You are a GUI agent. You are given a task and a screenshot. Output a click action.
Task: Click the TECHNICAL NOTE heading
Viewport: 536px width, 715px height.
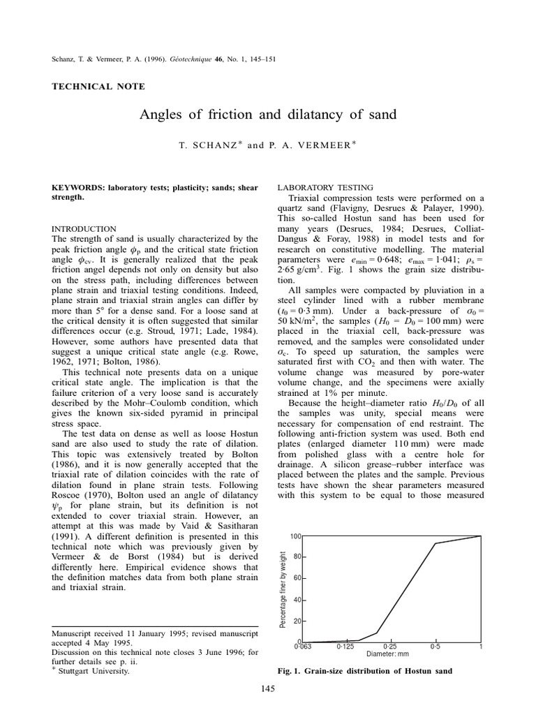point(99,87)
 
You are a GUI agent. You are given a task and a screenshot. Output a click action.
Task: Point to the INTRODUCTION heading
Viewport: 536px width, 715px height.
point(84,229)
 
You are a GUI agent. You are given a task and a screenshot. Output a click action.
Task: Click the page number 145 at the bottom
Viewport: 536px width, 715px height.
point(268,688)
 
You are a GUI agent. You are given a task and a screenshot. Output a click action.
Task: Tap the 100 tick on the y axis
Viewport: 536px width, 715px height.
point(295,536)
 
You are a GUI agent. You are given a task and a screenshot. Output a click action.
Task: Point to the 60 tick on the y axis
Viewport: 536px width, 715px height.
point(297,578)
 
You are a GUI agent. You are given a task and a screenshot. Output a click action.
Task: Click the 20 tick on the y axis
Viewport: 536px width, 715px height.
point(297,621)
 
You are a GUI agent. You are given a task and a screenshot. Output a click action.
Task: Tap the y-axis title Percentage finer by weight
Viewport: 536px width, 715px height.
point(283,589)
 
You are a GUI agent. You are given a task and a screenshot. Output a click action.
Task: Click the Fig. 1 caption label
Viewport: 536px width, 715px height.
point(292,671)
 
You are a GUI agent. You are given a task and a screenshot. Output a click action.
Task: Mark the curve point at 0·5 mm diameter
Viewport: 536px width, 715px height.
point(436,543)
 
